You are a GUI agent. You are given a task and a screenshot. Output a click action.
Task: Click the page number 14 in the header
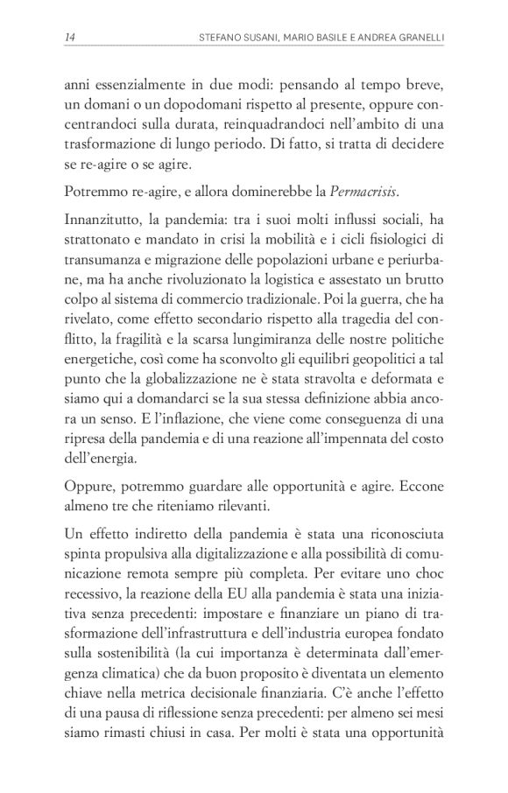pyautogui.click(x=69, y=36)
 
